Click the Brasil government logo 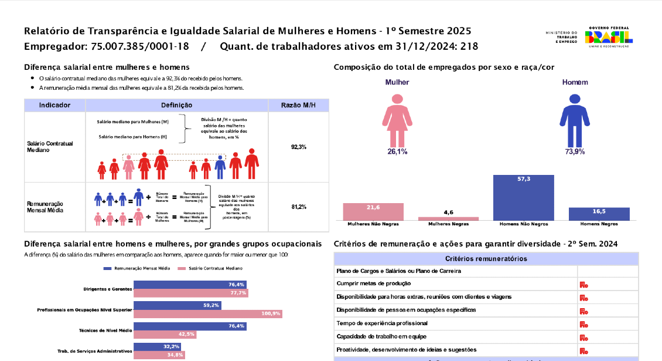[x=609, y=36]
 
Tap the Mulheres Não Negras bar [x=373, y=211]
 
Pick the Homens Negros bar [x=599, y=214]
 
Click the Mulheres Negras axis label [x=448, y=224]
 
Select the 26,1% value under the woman [x=397, y=151]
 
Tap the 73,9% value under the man [x=575, y=151]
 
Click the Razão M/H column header [x=298, y=105]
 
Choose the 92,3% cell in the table [x=298, y=147]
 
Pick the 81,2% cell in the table [x=298, y=207]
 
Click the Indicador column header [x=55, y=105]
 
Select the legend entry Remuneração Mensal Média [x=137, y=268]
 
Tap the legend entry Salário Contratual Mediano [x=211, y=268]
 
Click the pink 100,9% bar [x=208, y=314]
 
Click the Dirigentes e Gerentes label [x=107, y=289]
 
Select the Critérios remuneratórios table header [x=486, y=259]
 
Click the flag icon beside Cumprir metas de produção [x=583, y=285]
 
